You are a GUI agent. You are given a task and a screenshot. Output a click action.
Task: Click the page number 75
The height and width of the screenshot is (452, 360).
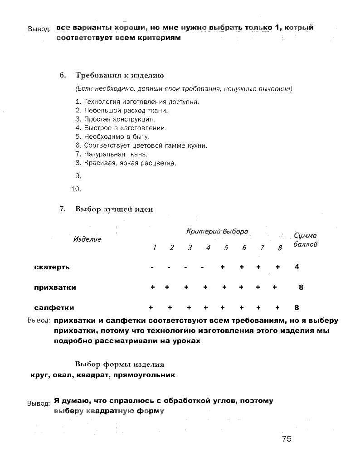pos(286,438)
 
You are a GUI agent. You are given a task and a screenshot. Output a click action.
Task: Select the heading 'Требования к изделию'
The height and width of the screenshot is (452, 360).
pos(119,75)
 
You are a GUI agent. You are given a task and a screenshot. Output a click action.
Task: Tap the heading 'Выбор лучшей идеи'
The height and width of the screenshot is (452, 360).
pos(114,209)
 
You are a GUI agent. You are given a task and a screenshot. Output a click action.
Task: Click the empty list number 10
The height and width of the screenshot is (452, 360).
pos(76,189)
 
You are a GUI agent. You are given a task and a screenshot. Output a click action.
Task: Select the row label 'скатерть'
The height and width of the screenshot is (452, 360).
pos(52,267)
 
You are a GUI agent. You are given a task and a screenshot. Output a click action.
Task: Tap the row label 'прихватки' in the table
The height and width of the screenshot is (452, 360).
pos(55,287)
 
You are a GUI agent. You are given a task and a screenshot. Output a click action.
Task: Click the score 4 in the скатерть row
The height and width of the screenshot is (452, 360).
pos(297,267)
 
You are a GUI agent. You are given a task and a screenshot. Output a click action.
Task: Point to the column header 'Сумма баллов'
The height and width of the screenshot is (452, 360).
pos(306,239)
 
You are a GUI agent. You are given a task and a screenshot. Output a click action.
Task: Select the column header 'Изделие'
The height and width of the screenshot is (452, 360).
pos(88,239)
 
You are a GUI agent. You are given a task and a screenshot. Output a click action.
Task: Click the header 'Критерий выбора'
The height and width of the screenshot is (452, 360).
pos(217,231)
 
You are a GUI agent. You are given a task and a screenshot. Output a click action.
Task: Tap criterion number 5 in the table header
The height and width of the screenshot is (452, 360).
pos(226,248)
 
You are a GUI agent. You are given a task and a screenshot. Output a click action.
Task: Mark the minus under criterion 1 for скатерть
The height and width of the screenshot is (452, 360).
pos(152,267)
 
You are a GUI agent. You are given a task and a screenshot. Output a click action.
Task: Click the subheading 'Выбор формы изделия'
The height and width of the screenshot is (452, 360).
pos(120,364)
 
